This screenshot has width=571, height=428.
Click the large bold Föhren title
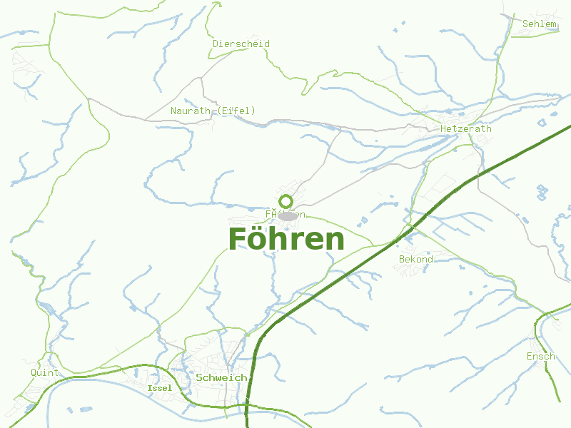coord(286,240)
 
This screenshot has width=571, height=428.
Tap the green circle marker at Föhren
coord(285,201)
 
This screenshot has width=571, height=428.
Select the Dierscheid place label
coord(241,44)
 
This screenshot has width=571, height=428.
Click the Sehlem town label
coord(539,24)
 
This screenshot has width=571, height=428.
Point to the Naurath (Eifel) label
coord(213,111)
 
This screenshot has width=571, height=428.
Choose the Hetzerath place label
coord(466,129)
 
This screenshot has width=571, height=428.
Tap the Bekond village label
coord(415,260)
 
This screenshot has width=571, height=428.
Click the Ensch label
coord(540,357)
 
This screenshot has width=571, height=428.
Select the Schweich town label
coord(221,377)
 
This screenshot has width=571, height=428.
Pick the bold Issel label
coord(159,388)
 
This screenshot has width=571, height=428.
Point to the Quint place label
coord(45,373)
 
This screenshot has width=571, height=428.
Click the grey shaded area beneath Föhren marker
coord(287,215)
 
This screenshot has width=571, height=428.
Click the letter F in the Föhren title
coord(237,240)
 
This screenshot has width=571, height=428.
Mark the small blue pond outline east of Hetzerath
coord(542,192)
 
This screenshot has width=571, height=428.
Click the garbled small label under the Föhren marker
coord(285,214)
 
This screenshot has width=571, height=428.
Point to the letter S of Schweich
coord(199,377)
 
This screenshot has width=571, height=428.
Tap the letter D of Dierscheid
coord(216,44)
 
